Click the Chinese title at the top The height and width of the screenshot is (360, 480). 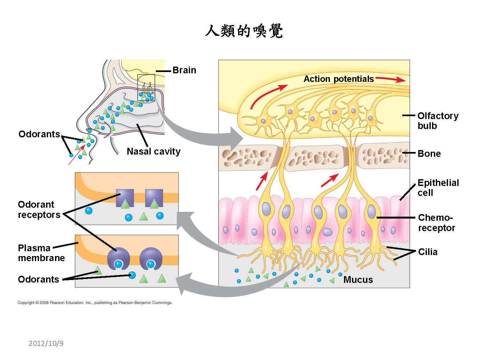point(244,32)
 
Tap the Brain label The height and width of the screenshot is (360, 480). point(184,70)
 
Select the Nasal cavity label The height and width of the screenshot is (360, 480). point(154,151)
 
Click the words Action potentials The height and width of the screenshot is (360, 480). point(339,79)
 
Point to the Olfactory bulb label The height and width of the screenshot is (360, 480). point(438,121)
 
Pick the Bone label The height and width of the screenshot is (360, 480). point(429,154)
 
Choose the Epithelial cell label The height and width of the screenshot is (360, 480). point(438,188)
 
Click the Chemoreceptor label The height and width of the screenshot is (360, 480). point(436,223)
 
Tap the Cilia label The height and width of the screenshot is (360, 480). point(428,252)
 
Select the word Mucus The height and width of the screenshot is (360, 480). point(358,280)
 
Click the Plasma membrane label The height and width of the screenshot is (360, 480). point(41,253)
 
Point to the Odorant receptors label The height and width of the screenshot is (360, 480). point(39,210)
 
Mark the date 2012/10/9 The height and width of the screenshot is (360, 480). point(46,343)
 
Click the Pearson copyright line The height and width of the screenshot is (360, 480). point(95,302)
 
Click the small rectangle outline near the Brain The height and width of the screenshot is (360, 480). point(146,88)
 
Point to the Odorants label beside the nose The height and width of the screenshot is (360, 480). point(39,134)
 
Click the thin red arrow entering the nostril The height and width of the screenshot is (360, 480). point(77,155)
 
